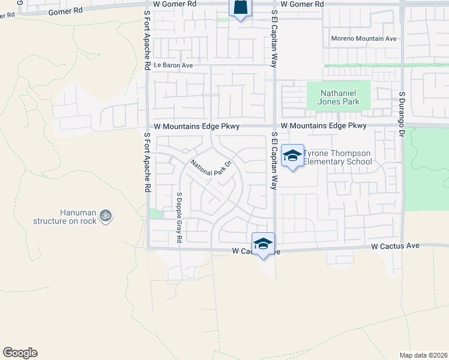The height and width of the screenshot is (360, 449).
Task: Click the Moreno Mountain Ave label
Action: [364, 39]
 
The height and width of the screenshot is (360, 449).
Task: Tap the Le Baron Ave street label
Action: [173, 65]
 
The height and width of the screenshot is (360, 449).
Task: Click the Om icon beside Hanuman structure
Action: [106, 214]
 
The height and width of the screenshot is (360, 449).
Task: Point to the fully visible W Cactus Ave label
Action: [394, 246]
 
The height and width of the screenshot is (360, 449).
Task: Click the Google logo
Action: [20, 353]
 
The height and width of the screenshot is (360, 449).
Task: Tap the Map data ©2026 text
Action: [423, 355]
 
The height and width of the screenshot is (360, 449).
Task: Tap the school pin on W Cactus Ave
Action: [263, 244]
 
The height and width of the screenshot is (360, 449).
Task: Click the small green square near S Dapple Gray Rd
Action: [155, 214]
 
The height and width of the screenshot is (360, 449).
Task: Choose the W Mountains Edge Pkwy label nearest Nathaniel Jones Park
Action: [324, 126]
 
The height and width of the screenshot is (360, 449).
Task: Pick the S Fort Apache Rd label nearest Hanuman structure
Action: [147, 162]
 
